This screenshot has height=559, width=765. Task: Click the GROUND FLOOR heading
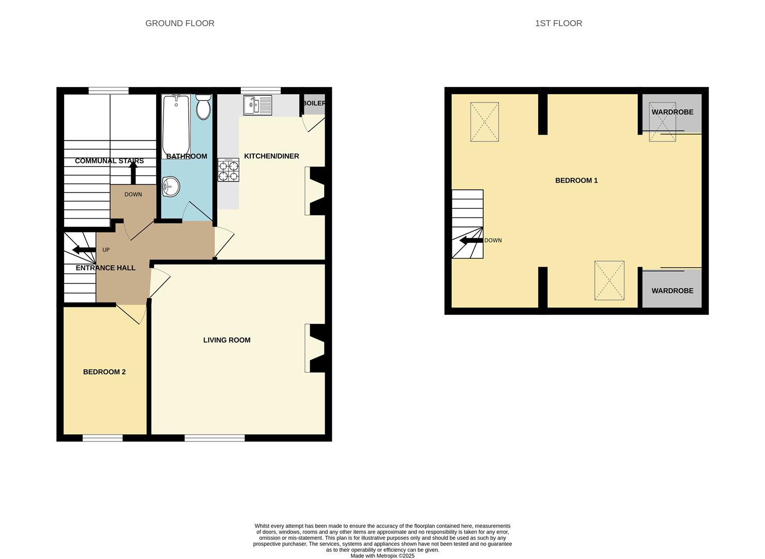pyautogui.click(x=180, y=23)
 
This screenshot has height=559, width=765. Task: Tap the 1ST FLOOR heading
pyautogui.click(x=558, y=23)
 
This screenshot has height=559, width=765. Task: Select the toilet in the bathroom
pyautogui.click(x=204, y=107)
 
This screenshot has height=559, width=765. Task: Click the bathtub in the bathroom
pyautogui.click(x=176, y=126)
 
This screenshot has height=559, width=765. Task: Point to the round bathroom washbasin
pyautogui.click(x=171, y=187)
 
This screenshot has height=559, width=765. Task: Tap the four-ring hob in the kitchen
pyautogui.click(x=228, y=170)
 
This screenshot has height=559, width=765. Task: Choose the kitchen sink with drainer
pyautogui.click(x=258, y=105)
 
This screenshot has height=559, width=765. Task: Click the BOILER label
pyautogui.click(x=314, y=103)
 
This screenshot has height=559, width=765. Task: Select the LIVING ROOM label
pyautogui.click(x=227, y=340)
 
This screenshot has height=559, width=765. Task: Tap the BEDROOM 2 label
pyautogui.click(x=104, y=372)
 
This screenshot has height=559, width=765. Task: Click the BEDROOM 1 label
pyautogui.click(x=576, y=181)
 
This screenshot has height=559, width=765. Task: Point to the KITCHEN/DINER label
pyautogui.click(x=271, y=156)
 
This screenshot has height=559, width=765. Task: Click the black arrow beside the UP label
pyautogui.click(x=84, y=250)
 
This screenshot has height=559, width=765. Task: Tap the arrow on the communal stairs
pyautogui.click(x=133, y=173)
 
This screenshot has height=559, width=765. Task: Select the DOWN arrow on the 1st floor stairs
pyautogui.click(x=471, y=241)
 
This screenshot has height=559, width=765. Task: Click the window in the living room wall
pyautogui.click(x=215, y=438)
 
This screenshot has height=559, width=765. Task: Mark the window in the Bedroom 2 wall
pyautogui.click(x=102, y=438)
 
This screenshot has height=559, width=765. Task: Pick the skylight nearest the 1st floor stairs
pyautogui.click(x=485, y=122)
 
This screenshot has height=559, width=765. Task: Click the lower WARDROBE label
pyautogui.click(x=672, y=291)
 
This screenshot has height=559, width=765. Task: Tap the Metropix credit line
pyautogui.click(x=382, y=556)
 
